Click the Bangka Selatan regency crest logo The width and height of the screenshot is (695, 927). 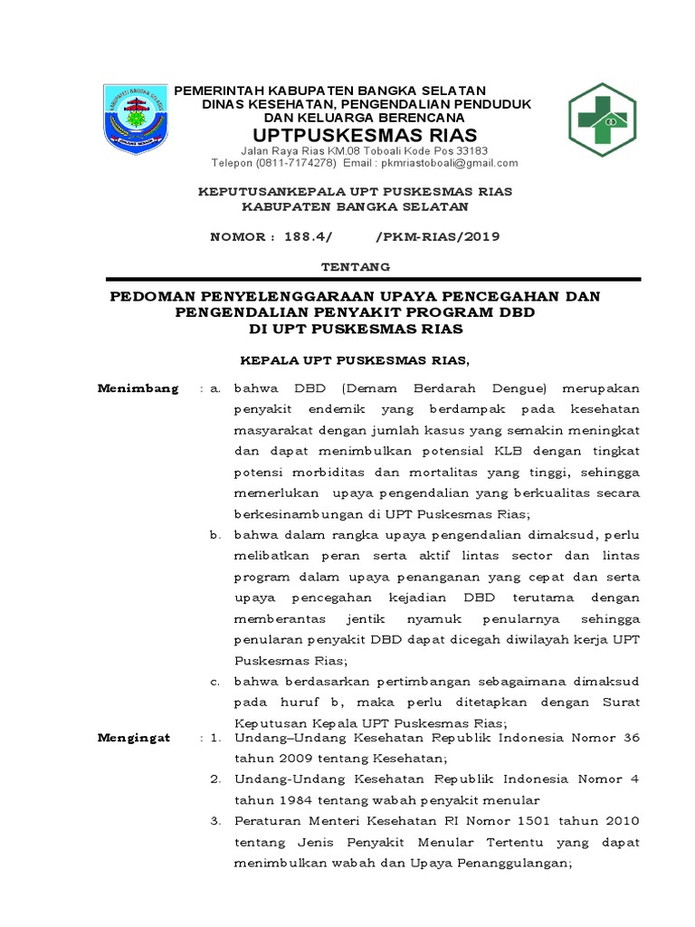point(136,119)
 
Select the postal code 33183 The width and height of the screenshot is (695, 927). point(471,150)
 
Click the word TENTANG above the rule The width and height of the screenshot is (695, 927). point(356,267)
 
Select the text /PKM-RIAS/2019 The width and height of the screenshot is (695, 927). point(436,237)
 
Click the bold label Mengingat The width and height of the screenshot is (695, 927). point(134,738)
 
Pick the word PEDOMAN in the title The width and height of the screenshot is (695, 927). point(156,296)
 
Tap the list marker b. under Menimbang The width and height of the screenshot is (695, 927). point(215,535)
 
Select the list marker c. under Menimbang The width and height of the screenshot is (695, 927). point(215,681)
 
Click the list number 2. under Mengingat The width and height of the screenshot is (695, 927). point(215,779)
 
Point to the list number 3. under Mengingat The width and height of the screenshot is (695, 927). point(215,821)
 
